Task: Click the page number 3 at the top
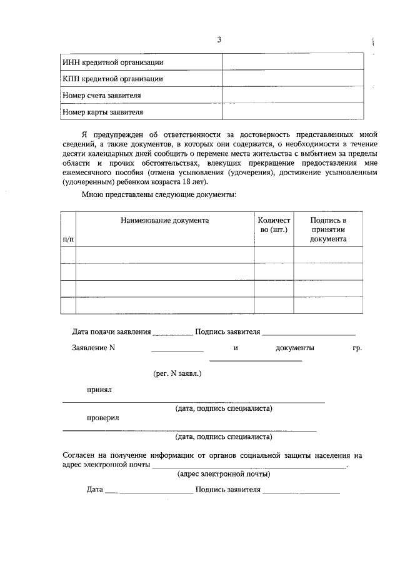219,40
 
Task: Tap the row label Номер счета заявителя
101,96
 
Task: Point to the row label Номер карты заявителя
103,113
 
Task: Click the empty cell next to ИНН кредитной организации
292,62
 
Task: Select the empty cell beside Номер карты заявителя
292,113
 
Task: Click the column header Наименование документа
165,221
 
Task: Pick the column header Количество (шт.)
274,225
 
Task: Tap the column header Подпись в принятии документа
327,230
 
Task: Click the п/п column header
68,239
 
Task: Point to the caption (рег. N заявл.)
177,373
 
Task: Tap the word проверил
102,417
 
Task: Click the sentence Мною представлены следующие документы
159,195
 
